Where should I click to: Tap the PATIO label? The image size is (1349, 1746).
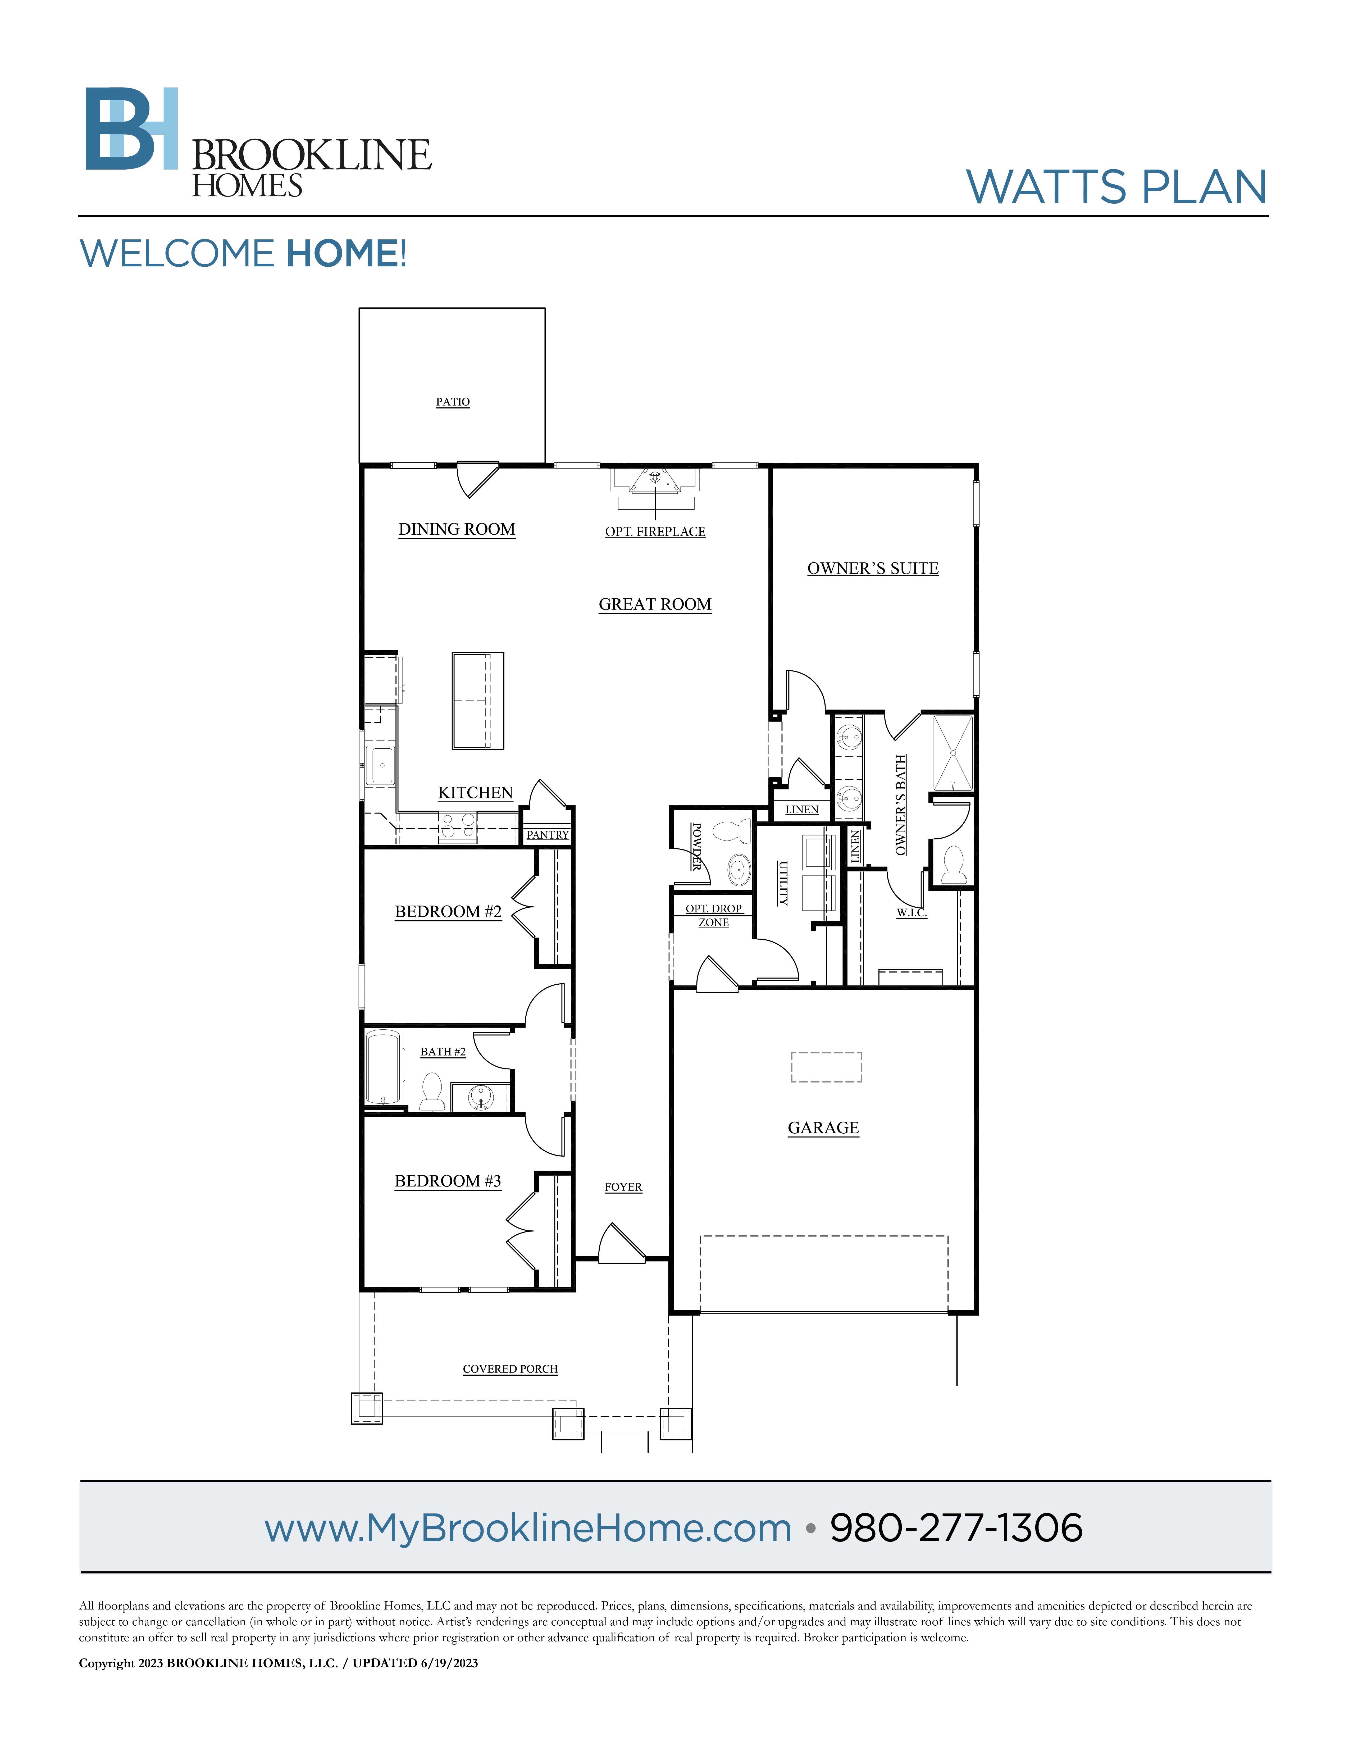coord(452,401)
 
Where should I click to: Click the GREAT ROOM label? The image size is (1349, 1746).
coord(654,604)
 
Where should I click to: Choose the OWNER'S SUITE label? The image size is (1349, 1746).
coord(873,569)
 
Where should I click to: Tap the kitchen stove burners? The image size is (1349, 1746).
coord(458,827)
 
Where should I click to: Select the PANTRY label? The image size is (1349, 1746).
coord(548,835)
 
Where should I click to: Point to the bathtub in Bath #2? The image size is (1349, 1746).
coord(383,1067)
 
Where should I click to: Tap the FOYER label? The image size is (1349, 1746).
coord(623,1187)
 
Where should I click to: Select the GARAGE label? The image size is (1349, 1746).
coord(823,1128)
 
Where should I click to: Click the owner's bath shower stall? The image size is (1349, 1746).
coord(952,753)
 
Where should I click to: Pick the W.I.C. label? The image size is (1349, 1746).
coord(911,912)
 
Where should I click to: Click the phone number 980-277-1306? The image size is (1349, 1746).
coord(956,1528)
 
